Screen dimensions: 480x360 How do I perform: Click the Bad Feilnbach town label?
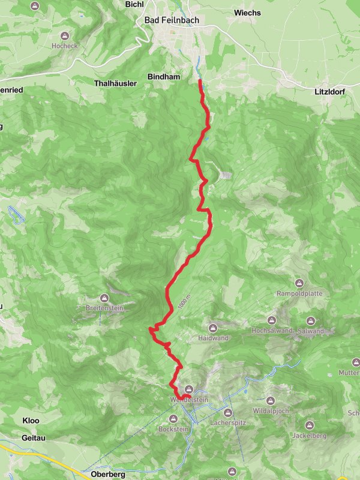pos(172,20)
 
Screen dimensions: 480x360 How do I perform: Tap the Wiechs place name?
pos(248,12)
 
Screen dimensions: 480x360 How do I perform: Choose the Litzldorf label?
pos(331,92)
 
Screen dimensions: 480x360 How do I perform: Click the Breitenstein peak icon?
pos(104,298)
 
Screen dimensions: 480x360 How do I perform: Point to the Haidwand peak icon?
pos(213,328)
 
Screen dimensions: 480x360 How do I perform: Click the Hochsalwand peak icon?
pos(271,321)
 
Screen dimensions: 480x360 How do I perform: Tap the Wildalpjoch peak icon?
pos(270,400)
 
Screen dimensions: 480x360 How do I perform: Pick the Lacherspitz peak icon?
pos(228,413)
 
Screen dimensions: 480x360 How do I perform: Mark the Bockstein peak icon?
pos(173,419)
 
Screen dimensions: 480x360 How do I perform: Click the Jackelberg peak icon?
pos(310,425)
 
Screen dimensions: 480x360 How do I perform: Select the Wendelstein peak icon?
pos(189,389)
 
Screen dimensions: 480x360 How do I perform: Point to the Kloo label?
pos(31,421)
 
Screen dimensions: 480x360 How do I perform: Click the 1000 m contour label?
pos(189,296)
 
